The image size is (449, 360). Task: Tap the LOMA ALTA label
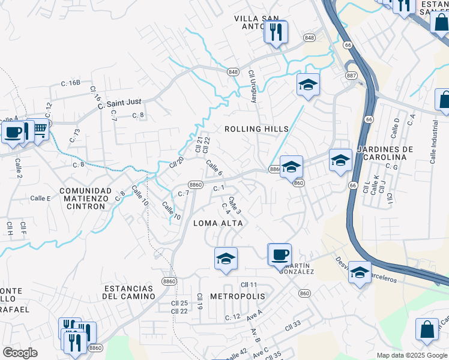click(218, 223)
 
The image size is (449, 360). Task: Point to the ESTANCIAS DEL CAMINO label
click(128, 292)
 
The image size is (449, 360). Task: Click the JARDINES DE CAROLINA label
click(385, 153)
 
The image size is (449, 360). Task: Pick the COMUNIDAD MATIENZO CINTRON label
click(85, 198)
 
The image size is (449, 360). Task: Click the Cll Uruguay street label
click(253, 86)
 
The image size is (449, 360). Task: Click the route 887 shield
click(351, 75)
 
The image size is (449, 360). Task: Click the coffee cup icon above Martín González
click(279, 253)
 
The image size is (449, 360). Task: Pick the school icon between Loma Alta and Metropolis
click(226, 259)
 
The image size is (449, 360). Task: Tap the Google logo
click(20, 353)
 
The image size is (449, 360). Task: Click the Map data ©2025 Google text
click(411, 355)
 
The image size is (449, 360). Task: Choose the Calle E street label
click(41, 198)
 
